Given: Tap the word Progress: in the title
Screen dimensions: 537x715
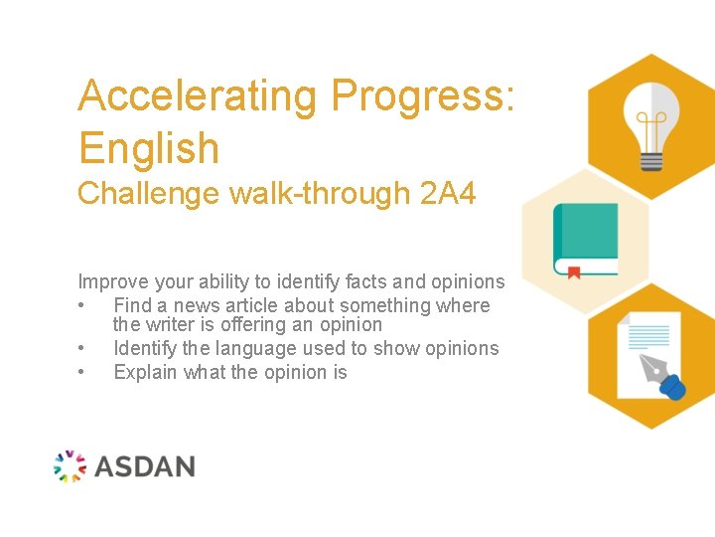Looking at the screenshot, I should pyautogui.click(x=424, y=96).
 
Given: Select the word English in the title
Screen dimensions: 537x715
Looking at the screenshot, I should pyautogui.click(x=149, y=148).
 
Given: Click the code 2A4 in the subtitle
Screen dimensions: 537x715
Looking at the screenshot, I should pyautogui.click(x=448, y=193).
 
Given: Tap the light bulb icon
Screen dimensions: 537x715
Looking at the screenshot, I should pyautogui.click(x=650, y=124).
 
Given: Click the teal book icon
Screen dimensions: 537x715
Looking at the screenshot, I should pyautogui.click(x=585, y=239).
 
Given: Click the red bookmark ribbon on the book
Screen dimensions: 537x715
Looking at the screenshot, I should pyautogui.click(x=573, y=271).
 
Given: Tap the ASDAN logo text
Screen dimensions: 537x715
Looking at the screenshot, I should pyautogui.click(x=145, y=465).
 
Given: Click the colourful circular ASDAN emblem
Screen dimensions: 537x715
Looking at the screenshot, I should pyautogui.click(x=70, y=465).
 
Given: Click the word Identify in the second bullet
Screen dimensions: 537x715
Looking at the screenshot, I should pyautogui.click(x=144, y=348).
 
